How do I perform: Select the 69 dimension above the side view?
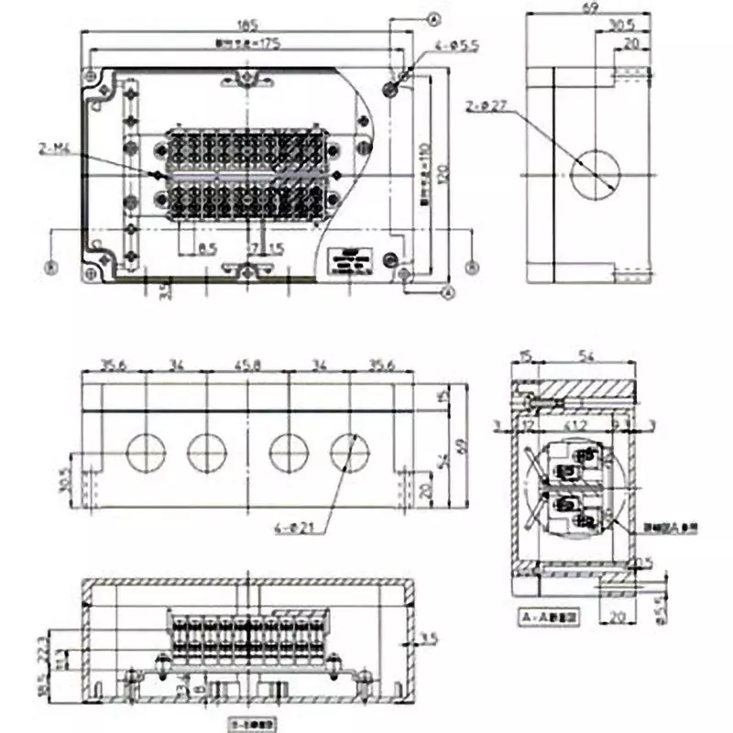pyautogui.click(x=589, y=8)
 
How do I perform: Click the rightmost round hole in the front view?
pyautogui.click(x=348, y=451)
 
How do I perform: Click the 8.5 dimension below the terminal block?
pyautogui.click(x=206, y=248)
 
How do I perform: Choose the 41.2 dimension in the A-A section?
pyautogui.click(x=574, y=426)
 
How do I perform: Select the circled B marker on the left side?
pyautogui.click(x=51, y=267)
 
